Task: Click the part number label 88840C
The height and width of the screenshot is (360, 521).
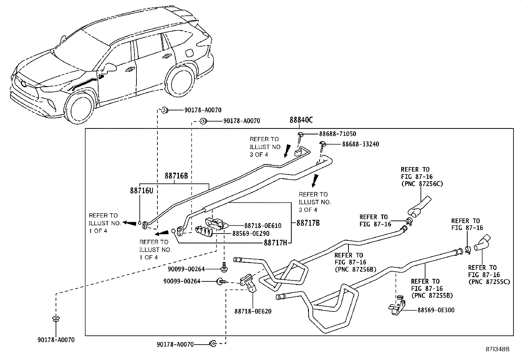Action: point(301,120)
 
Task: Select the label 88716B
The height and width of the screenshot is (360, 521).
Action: point(176,176)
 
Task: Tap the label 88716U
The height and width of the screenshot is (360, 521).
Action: point(141,191)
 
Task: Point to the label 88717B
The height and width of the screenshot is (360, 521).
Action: point(308,223)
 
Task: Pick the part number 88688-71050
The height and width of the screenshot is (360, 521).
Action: point(337,134)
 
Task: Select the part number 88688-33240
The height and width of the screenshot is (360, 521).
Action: point(361,144)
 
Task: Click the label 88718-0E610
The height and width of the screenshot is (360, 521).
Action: point(262,226)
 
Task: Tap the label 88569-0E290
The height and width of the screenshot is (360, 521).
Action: point(251,234)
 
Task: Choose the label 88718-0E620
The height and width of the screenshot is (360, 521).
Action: point(253,311)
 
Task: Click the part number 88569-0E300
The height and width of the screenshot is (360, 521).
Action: point(436,310)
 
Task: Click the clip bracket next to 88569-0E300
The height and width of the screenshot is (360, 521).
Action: point(396,306)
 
